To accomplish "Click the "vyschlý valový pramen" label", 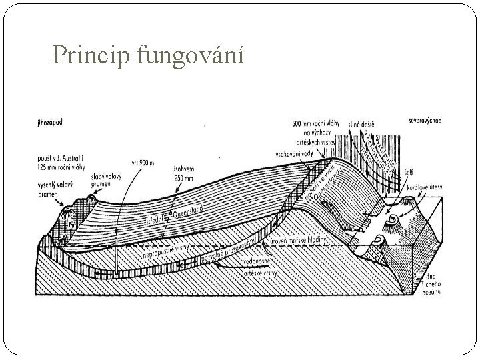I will [55, 187].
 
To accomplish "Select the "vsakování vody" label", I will [300, 154].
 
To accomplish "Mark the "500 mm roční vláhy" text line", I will [311, 124].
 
